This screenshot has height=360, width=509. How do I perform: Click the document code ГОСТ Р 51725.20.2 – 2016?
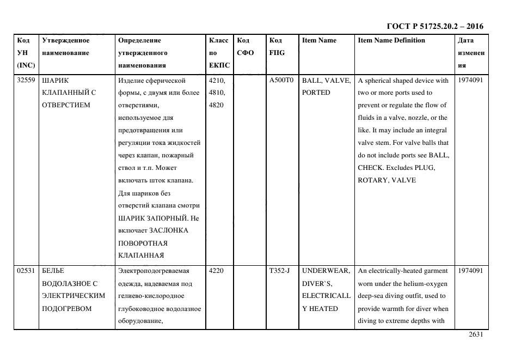point(434,26)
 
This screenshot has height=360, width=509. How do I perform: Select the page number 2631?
point(476,335)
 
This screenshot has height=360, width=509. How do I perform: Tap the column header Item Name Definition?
point(391,40)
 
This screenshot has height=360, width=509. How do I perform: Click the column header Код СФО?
point(244,46)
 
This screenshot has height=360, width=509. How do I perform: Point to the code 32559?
point(26,80)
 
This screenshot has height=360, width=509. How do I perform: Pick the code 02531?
point(26,271)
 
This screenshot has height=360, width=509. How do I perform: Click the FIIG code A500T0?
point(281,80)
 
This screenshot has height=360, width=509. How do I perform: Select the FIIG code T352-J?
point(280,271)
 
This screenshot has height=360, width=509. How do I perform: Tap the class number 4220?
point(216,271)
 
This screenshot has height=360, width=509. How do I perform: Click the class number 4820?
point(216,105)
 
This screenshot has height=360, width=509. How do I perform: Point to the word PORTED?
point(316,93)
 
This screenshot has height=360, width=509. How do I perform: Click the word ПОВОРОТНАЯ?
point(143,243)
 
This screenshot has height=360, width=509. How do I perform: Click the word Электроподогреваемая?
point(154,271)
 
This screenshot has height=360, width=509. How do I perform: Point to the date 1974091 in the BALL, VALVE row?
point(470,80)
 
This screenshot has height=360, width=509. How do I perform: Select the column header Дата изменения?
point(471,53)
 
